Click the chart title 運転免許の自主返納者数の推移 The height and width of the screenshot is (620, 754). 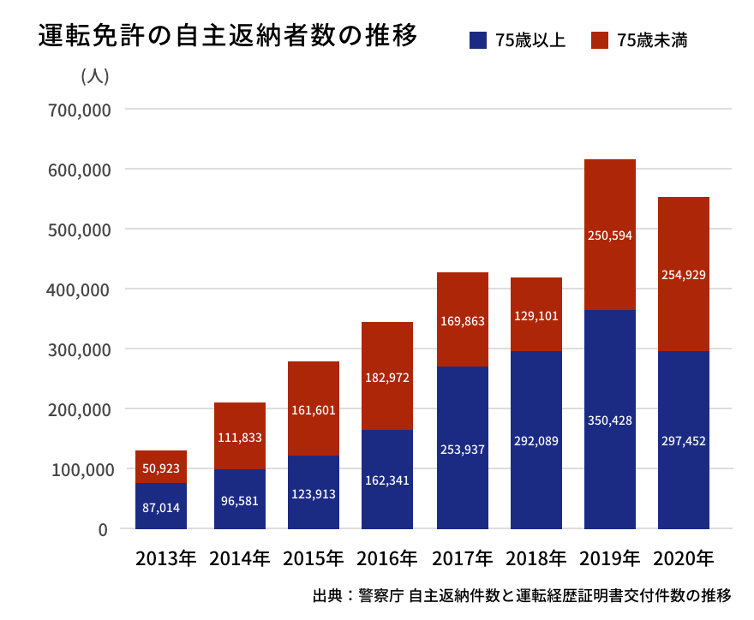[228, 37]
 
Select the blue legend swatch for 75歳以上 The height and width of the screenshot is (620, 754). [479, 39]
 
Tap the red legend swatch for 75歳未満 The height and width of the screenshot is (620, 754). [600, 39]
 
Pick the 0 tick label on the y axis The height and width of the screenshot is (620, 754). [103, 529]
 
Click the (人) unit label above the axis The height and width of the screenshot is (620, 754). [94, 76]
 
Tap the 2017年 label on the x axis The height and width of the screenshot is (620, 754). [463, 559]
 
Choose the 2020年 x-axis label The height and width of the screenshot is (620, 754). [684, 559]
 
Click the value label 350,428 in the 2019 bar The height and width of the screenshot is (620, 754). [610, 420]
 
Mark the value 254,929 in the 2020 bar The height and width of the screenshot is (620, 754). [684, 275]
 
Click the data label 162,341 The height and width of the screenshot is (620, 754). [387, 480]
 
